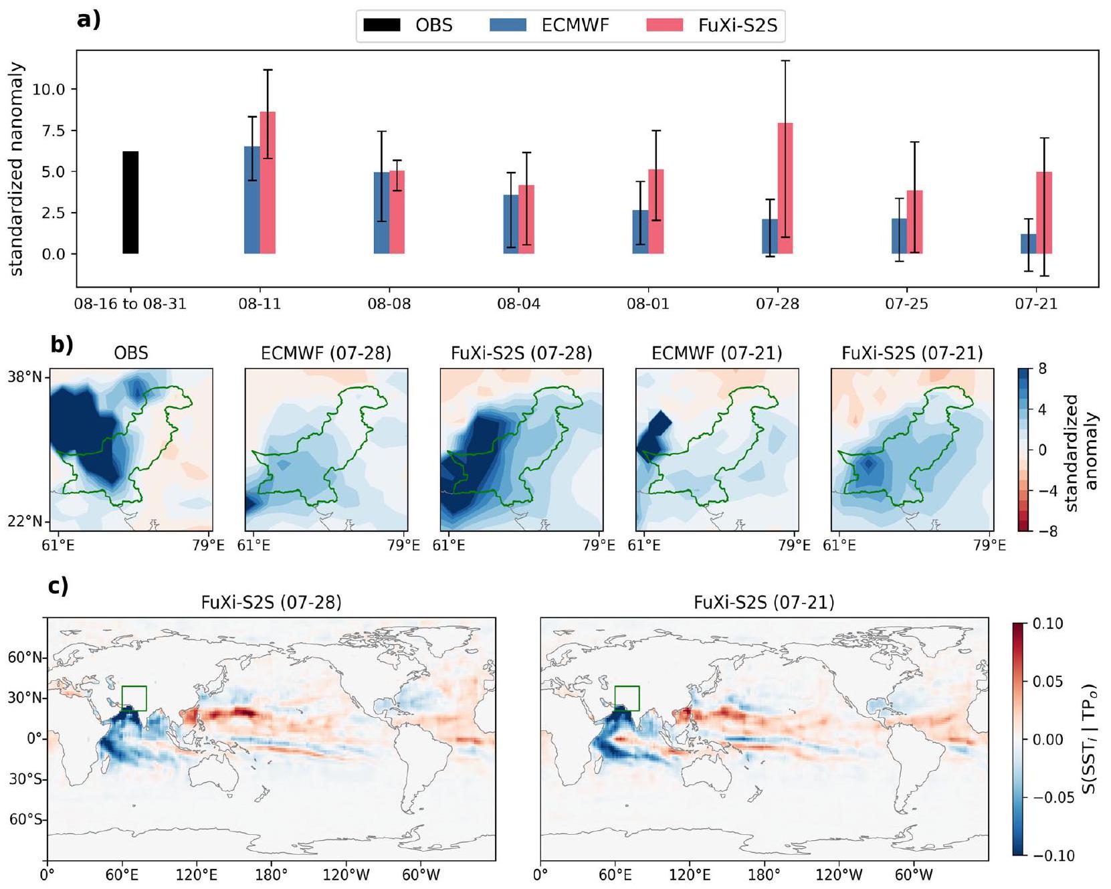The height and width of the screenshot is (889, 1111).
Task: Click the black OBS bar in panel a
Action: (x=130, y=203)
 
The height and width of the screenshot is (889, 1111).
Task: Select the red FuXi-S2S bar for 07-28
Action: (x=785, y=189)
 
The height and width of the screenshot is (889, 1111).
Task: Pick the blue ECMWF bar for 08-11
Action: (x=252, y=200)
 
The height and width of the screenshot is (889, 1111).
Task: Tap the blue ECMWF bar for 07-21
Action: (x=1028, y=244)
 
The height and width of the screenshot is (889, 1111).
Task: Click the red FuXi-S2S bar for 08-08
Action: (x=397, y=212)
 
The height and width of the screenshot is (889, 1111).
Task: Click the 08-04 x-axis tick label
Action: (x=518, y=304)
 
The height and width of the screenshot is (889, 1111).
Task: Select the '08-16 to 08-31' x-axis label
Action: (x=130, y=304)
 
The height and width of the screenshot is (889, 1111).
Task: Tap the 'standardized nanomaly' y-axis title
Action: (x=16, y=169)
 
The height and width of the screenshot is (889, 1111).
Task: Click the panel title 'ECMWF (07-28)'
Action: (x=326, y=353)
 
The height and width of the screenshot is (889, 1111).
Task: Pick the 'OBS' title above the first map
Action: (x=131, y=353)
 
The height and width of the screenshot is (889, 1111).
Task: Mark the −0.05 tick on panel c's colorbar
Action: (x=1047, y=797)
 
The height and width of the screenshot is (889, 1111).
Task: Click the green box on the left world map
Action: (x=134, y=698)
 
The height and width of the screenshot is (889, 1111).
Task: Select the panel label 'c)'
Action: (x=58, y=586)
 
